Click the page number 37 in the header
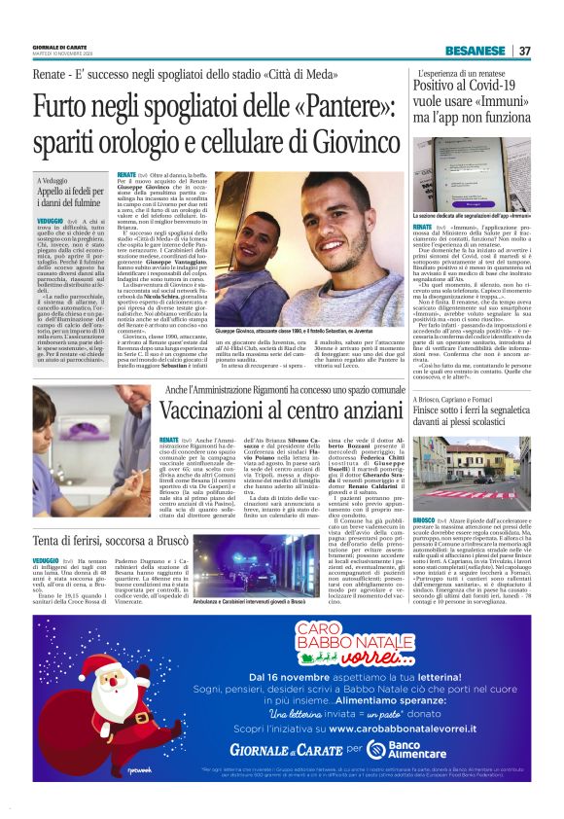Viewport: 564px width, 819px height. pyautogui.click(x=524, y=51)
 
